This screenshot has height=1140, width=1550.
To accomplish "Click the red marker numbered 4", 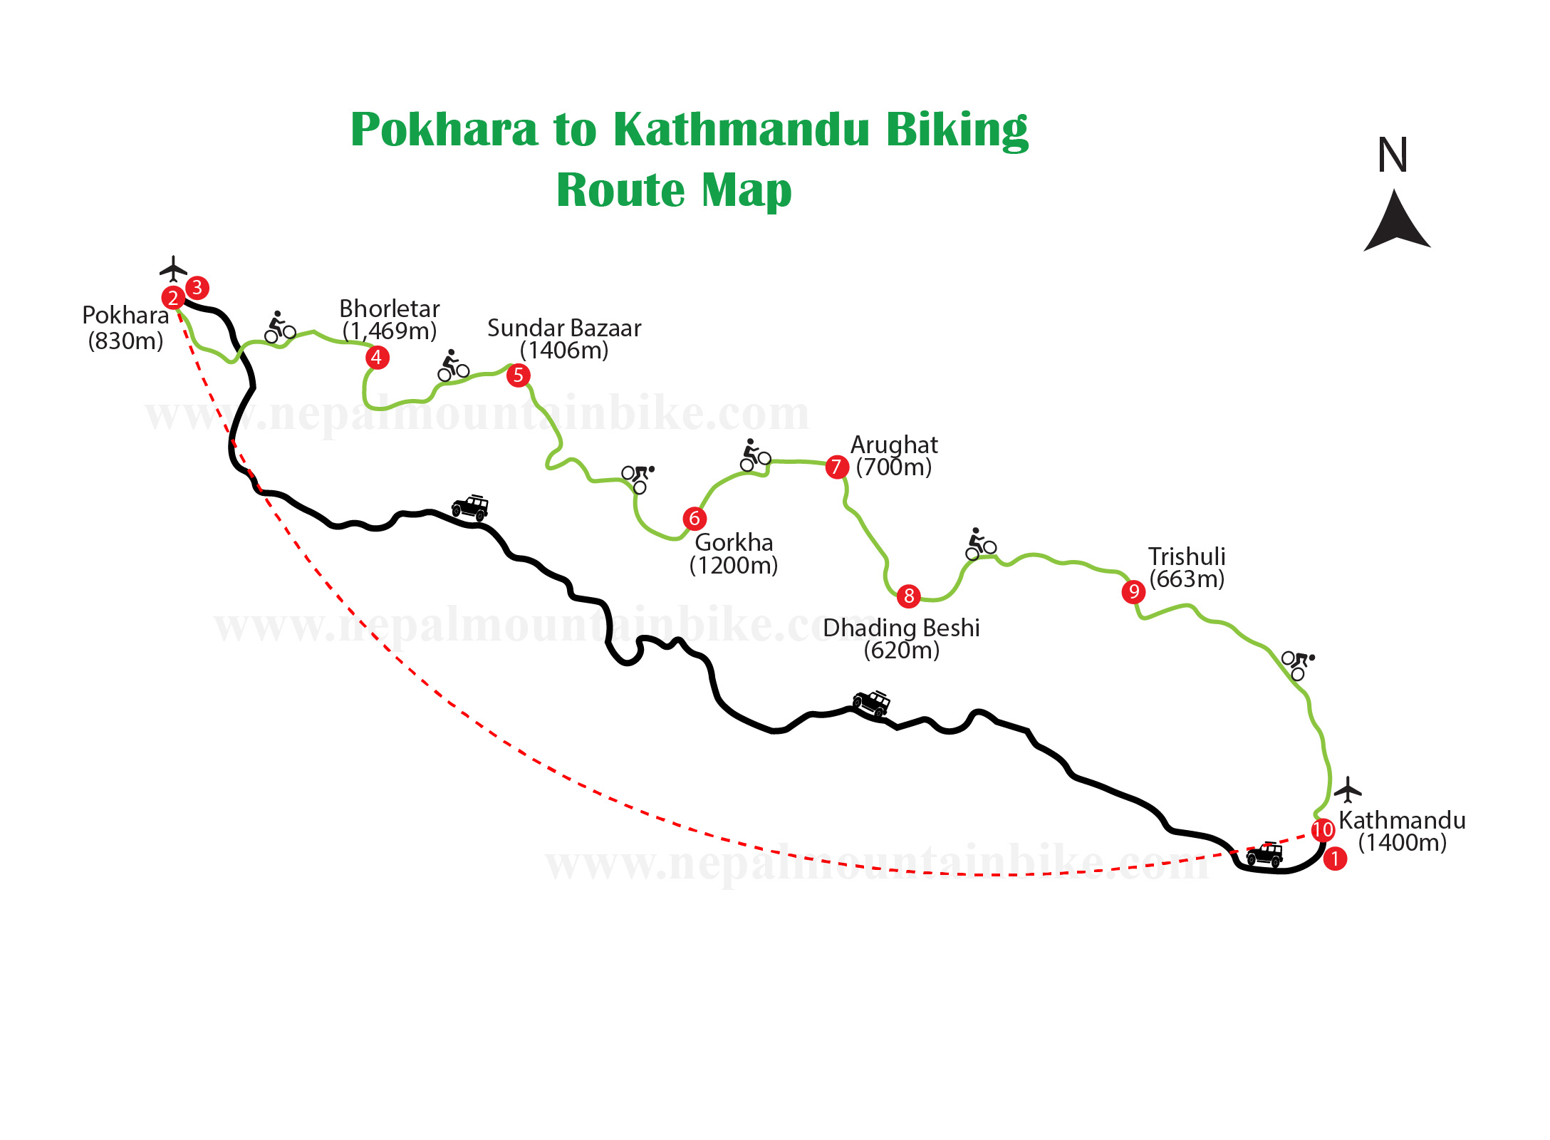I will point(377,357).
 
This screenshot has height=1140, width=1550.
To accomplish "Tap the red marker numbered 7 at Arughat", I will point(837,467).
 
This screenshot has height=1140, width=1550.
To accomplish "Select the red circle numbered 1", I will point(1335,859).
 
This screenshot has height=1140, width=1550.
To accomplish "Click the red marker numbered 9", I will point(1133,591).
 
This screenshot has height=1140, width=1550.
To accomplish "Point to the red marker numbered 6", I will point(695,518).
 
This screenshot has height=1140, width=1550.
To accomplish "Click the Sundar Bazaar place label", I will point(564,328).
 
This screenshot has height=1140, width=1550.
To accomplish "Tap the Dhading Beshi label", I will point(901,628).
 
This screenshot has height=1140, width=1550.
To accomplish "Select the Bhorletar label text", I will point(389,309).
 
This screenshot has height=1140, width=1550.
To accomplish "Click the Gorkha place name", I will point(734,542).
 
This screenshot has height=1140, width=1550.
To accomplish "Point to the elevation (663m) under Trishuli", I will point(1187,579).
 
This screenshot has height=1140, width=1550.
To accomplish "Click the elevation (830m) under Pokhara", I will point(125,341).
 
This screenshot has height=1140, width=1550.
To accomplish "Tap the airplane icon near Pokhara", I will point(172,269).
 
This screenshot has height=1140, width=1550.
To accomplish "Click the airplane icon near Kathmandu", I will point(1347,789).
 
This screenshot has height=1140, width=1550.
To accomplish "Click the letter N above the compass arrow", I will point(1393,155).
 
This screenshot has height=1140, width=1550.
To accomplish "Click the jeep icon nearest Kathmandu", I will point(1265,854).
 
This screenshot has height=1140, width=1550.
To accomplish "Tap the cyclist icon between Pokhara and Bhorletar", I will point(279,327).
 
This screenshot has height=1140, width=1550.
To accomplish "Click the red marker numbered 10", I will point(1322,829).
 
